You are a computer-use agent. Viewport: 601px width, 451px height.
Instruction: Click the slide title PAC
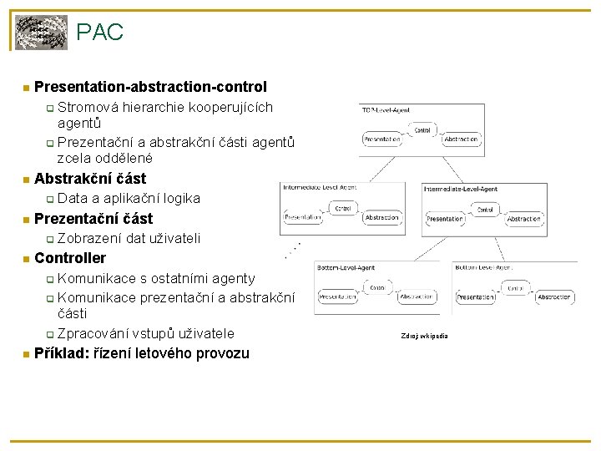point(99,33)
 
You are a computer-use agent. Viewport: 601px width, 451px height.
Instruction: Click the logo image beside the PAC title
point(42,33)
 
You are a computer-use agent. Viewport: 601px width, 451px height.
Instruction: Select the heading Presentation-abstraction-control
point(150,87)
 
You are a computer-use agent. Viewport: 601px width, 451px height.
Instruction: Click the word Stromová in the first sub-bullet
point(88,108)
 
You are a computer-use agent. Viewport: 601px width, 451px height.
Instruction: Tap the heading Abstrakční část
point(90,178)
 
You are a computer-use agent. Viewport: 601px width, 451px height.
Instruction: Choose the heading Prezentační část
point(93,218)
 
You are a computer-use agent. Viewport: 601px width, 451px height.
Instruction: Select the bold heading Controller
point(70,258)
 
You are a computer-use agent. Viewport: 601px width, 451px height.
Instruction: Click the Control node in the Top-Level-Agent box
point(422,130)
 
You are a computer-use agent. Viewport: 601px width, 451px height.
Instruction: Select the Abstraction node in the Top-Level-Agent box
point(461,139)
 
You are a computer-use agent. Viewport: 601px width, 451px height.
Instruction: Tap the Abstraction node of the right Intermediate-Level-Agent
point(523,218)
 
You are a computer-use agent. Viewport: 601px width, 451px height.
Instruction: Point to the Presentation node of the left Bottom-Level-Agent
point(338,296)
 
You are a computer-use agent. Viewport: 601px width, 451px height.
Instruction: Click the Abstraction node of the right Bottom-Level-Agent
point(553,296)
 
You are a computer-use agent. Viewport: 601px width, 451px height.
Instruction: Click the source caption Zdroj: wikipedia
point(424,336)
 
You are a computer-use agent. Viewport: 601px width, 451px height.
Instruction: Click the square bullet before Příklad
point(26,354)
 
